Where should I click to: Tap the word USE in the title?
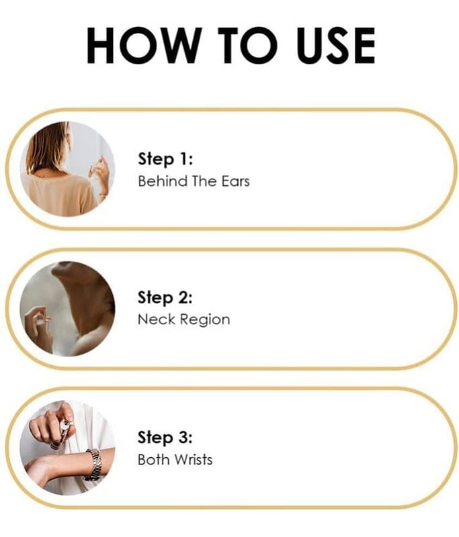click(x=336, y=45)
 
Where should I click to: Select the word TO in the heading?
click(x=247, y=45)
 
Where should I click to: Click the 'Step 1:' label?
click(x=165, y=159)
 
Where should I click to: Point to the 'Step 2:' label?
click(x=165, y=297)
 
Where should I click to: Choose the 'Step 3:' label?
click(x=165, y=438)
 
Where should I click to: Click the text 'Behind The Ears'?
click(x=194, y=181)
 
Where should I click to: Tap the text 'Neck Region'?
click(x=183, y=320)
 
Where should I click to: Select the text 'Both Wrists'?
click(x=175, y=459)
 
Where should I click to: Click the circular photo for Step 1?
click(x=67, y=169)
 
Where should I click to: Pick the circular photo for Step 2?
click(x=67, y=309)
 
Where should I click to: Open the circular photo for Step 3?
click(x=67, y=448)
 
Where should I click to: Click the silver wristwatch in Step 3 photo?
click(x=93, y=465)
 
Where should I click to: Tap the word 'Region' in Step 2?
click(x=205, y=320)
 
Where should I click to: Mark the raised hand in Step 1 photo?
click(x=100, y=175)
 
